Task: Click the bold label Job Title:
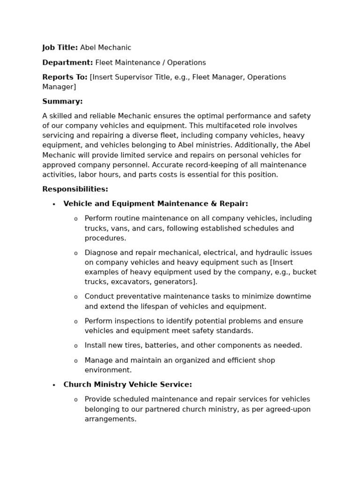pos(60,47)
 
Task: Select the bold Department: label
pos(67,62)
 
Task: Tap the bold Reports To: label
pos(65,77)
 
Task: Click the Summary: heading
pos(62,101)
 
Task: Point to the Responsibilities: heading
pos(75,189)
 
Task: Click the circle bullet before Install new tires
pos(75,346)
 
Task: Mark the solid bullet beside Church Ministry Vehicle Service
pos(54,385)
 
